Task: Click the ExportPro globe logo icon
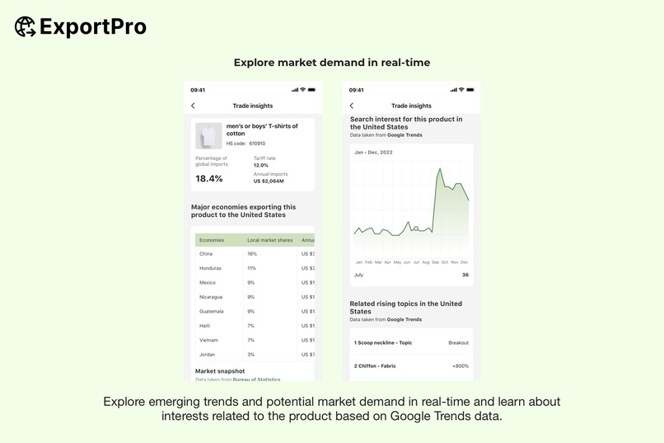click(x=25, y=26)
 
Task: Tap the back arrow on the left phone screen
click(x=193, y=106)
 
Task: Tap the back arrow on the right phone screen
click(x=352, y=106)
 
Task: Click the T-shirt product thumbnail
click(x=208, y=135)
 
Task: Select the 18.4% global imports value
click(x=209, y=178)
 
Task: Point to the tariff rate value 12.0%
click(x=261, y=165)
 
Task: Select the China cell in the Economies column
click(x=206, y=254)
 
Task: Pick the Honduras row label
click(x=211, y=268)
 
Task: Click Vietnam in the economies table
click(x=209, y=340)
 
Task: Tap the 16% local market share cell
click(x=252, y=254)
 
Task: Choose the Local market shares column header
click(x=270, y=240)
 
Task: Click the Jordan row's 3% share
click(x=251, y=355)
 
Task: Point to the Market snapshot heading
click(x=220, y=371)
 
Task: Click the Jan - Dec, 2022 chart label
click(x=373, y=153)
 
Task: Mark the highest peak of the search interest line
click(x=441, y=169)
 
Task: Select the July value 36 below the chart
click(x=465, y=275)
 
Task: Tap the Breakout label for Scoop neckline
click(x=458, y=342)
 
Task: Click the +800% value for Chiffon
click(x=460, y=365)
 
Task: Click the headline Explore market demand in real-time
click(x=332, y=63)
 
